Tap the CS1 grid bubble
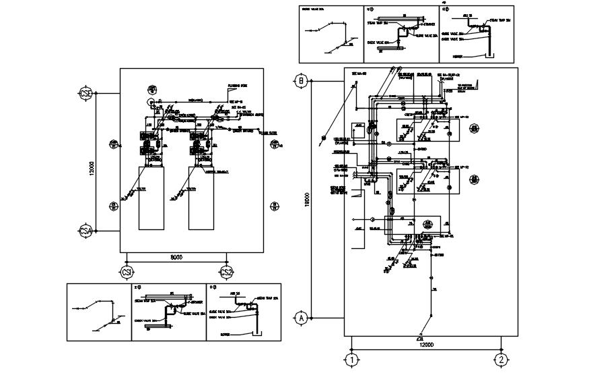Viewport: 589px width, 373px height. [x=127, y=271]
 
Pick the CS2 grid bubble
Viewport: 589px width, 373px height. [x=226, y=271]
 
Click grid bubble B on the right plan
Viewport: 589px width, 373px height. [x=301, y=82]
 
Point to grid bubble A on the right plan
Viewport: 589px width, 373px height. [x=301, y=316]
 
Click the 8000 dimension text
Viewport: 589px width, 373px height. [x=176, y=257]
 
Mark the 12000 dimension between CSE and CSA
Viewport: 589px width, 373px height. [x=92, y=165]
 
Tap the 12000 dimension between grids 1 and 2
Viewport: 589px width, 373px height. [x=425, y=345]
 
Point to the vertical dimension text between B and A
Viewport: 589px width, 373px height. [x=307, y=199]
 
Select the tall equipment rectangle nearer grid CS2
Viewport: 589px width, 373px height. [x=201, y=197]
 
